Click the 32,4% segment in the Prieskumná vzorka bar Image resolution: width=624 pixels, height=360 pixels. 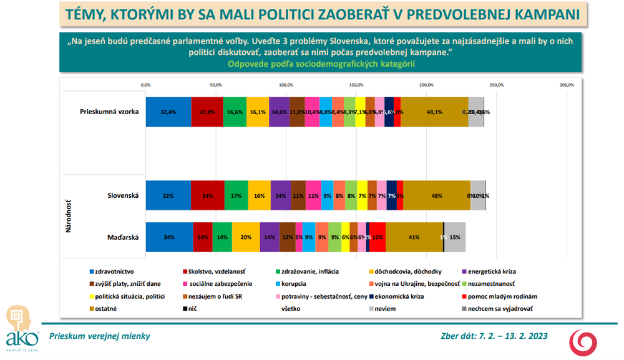coord(168,112)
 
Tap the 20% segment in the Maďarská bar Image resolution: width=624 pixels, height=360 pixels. coord(246,237)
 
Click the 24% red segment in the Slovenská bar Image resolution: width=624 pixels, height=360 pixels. coord(207,195)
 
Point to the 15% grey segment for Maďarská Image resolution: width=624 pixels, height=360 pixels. coord(455,237)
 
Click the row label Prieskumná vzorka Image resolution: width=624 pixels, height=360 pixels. coord(109,112)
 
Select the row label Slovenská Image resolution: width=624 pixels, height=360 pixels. coord(122,195)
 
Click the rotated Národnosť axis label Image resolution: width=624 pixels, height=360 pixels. coord(68,215)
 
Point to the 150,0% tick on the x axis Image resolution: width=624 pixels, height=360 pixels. coord(356,85)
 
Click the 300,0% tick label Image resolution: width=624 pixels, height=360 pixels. coord(566,85)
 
